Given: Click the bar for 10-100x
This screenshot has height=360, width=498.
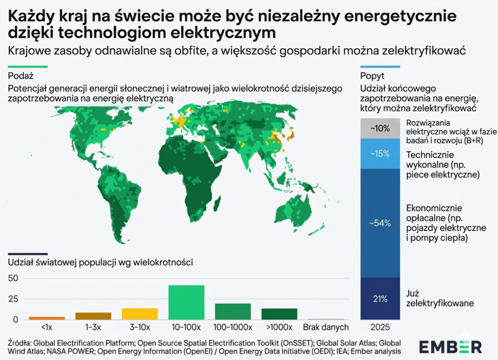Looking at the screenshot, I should (x=186, y=302).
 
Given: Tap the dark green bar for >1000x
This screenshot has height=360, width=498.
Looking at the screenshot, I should (x=279, y=314).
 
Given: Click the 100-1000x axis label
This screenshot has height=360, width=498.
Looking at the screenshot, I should (x=233, y=327).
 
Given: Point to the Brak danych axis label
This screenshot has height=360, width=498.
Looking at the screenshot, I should (x=326, y=327).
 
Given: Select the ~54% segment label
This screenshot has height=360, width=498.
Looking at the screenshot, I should (x=380, y=223).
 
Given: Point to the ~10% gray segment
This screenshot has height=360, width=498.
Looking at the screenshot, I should (x=380, y=128).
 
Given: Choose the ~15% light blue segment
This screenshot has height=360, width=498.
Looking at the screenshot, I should (x=380, y=154).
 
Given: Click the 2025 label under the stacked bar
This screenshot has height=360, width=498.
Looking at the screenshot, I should (x=380, y=327).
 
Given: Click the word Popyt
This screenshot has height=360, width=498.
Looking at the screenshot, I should (x=373, y=76).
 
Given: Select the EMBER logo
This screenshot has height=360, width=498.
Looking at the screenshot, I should (x=450, y=346).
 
